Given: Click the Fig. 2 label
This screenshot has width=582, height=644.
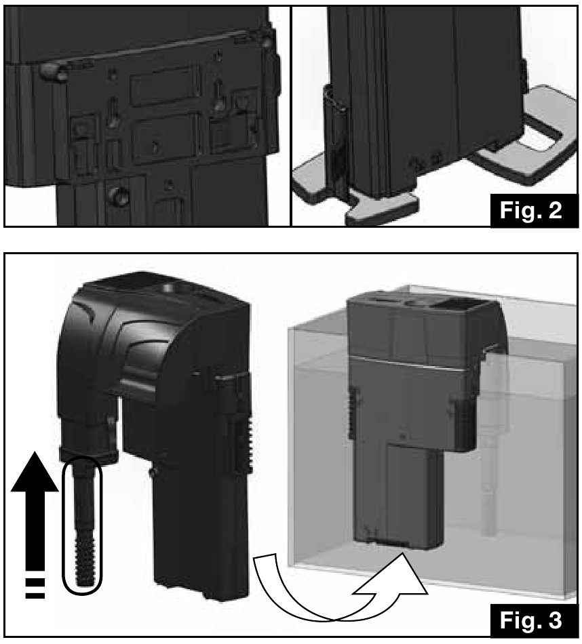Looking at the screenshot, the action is click(531, 210).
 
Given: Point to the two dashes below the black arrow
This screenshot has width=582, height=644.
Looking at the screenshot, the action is click(35, 588).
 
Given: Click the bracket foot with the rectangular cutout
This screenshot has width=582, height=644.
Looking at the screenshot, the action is click(530, 136).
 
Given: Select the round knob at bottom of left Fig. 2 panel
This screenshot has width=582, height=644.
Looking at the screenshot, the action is click(115, 197).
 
